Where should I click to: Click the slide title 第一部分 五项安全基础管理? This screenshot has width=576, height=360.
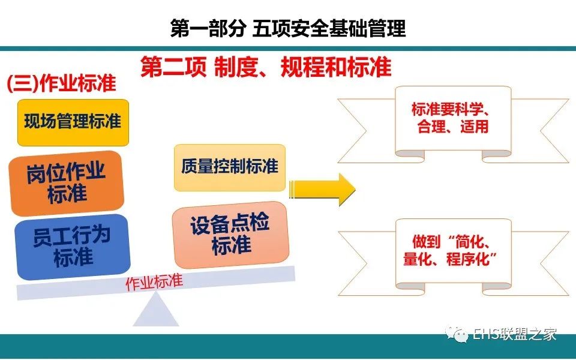pos(288,28)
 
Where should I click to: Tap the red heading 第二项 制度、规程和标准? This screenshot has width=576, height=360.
pos(266,67)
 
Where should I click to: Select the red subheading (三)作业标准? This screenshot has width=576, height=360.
pos(61,83)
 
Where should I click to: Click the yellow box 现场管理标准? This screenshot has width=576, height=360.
pos(73,122)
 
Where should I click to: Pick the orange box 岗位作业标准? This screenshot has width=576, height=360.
pos(67,183)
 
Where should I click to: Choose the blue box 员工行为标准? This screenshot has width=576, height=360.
pos(73,247)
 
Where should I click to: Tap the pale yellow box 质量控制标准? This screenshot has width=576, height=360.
pos(230,167)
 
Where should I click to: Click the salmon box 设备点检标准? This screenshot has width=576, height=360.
pos(230,235)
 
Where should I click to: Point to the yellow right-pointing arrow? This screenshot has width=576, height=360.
pos(323,189)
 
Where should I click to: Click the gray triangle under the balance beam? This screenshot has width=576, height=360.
pos(156,311)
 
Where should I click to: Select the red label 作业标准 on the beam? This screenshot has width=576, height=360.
pos(154,282)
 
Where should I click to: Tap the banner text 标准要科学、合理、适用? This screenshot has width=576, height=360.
pos(453,118)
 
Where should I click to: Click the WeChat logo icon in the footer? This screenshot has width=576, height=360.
pos(457,334)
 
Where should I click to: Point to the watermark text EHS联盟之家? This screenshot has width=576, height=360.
pos(515,334)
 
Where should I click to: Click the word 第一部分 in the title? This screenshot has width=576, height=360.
pos(208,28)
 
